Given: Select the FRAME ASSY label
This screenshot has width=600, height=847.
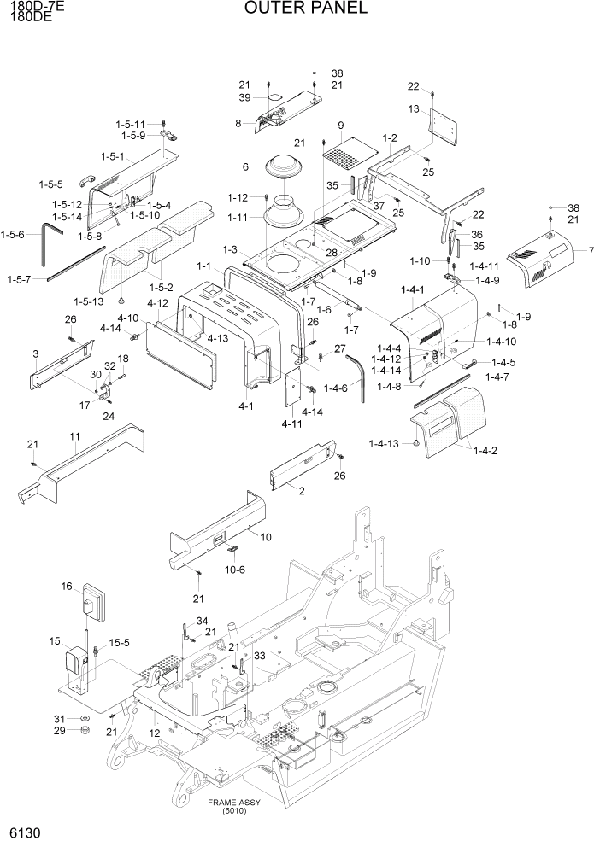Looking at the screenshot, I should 233,803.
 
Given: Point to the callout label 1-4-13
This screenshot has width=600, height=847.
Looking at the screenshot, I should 384,443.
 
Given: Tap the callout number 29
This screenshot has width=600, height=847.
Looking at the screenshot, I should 60,731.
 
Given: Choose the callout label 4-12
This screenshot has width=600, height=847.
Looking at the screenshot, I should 157,303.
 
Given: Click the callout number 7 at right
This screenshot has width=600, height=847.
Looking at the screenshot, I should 590,251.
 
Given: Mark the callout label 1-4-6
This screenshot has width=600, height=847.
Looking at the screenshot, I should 337,388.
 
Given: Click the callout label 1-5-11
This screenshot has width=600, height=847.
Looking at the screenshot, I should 131,124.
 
